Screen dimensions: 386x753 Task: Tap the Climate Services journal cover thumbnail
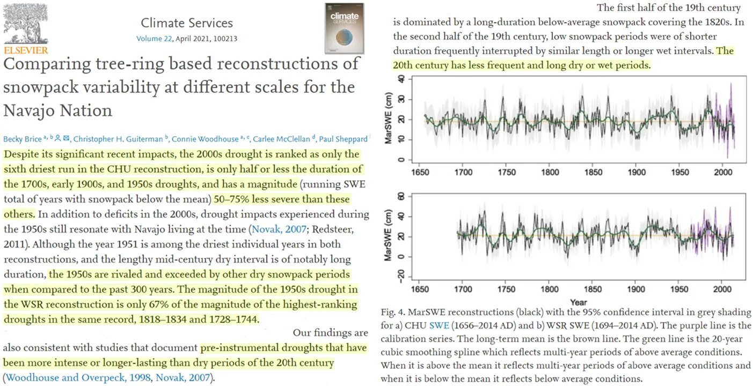pyautogui.click(x=344, y=28)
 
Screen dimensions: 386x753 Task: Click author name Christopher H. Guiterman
pyautogui.click(x=118, y=139)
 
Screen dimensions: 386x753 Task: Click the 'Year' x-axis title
pyautogui.click(x=578, y=302)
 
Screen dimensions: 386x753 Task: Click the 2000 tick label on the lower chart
pyautogui.click(x=722, y=289)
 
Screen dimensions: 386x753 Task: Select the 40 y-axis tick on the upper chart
pyautogui.click(x=400, y=78)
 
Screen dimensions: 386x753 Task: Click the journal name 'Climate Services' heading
pyautogui.click(x=186, y=23)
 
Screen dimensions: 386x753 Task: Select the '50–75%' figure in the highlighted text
pyautogui.click(x=235, y=199)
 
